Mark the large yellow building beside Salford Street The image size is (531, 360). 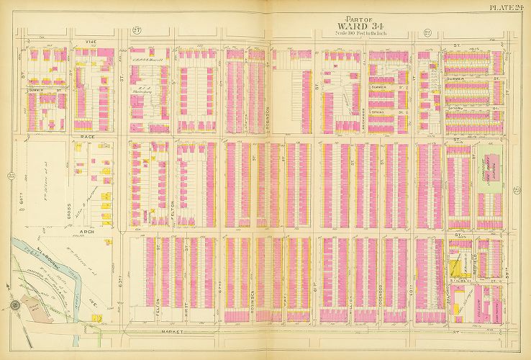point(456,271)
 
